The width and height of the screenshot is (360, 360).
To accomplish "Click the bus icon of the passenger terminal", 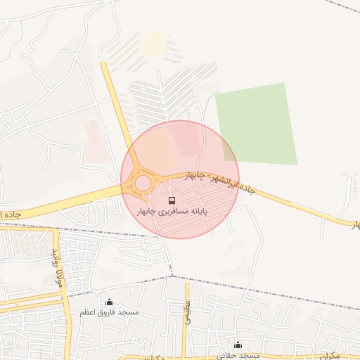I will coord(172,201).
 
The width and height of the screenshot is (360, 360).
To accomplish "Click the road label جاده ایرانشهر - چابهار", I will coord(219,181).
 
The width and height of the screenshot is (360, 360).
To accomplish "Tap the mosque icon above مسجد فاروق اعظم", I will coord(109,302).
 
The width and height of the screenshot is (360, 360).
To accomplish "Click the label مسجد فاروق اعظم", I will coord(109,311).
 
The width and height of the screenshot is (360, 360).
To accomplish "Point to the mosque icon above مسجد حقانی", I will coord(238,345).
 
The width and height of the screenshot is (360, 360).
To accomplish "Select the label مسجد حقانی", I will coord(239,355).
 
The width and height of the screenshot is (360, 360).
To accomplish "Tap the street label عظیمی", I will coord(188,309).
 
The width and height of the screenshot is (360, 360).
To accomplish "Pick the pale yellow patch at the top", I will coord(153,44).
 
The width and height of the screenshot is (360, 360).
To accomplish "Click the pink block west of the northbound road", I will coord(92,141).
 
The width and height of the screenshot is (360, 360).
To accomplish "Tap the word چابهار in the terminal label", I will coord(150,212).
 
